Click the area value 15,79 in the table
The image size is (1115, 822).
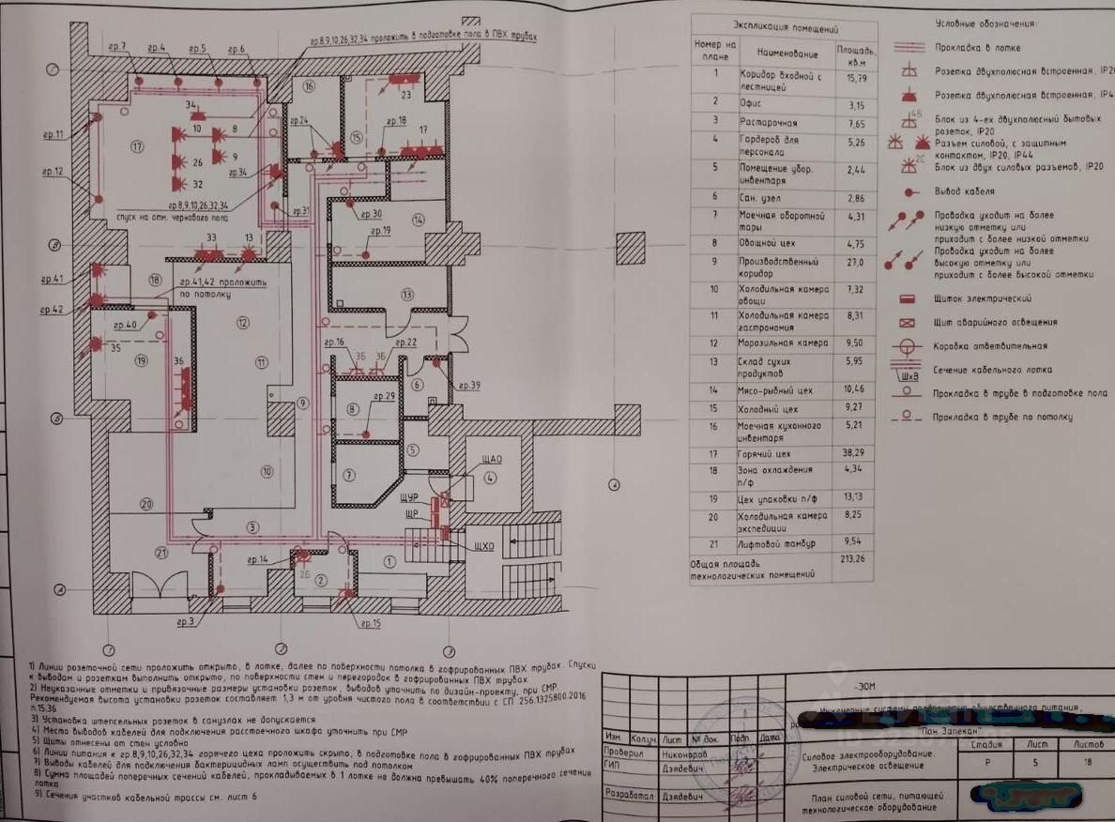point(849,78)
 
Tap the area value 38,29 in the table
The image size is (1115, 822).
point(852,452)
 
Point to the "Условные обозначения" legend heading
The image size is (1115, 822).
point(985,23)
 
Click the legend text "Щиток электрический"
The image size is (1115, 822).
point(983,298)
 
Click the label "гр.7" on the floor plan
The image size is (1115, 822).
point(117,47)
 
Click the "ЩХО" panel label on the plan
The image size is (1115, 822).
point(484,546)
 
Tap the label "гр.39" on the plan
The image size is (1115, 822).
point(469,386)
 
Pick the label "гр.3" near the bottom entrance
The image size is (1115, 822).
point(185,621)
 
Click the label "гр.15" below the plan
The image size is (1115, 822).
point(370,623)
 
